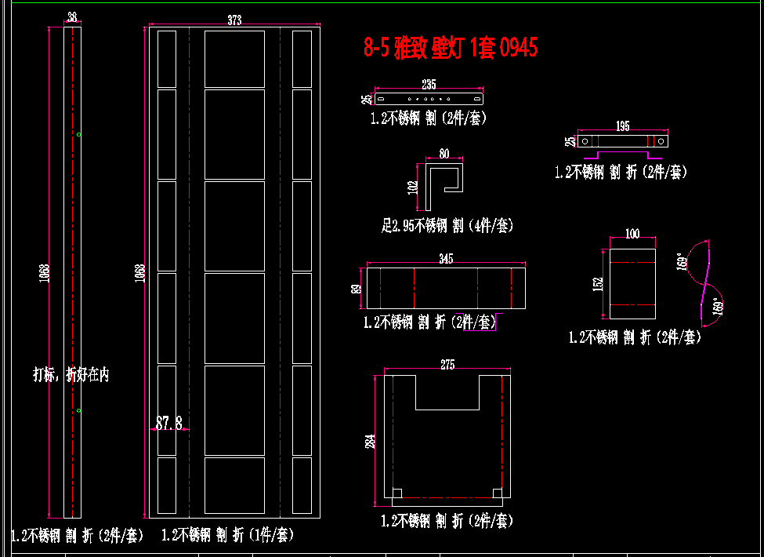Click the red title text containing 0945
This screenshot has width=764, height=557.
(x=451, y=48)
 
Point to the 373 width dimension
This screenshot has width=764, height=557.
(x=234, y=21)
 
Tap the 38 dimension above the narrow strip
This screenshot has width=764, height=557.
(x=72, y=17)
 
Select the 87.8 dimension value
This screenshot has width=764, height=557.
(x=168, y=424)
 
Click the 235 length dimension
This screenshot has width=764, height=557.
(x=429, y=84)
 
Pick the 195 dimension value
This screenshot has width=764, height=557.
(x=622, y=126)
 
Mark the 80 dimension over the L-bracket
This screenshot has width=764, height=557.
(x=444, y=154)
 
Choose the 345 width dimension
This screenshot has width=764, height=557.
(x=446, y=258)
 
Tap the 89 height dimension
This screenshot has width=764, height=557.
(x=357, y=288)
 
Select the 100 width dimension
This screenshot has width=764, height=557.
(x=632, y=234)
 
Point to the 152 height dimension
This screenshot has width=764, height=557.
(x=599, y=283)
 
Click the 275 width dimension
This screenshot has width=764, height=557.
(x=447, y=365)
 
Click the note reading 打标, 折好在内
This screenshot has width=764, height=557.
(x=71, y=375)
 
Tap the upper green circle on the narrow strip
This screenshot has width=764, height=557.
(x=79, y=135)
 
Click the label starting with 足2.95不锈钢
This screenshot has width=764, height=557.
(x=447, y=226)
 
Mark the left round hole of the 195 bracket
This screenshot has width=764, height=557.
(x=585, y=141)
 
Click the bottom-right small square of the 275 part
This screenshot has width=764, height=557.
(x=497, y=493)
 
